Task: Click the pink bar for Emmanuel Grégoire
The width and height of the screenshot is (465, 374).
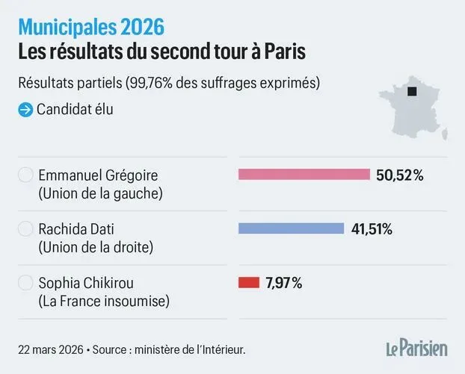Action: click(x=304, y=175)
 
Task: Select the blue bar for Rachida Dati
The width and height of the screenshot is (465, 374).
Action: click(x=291, y=228)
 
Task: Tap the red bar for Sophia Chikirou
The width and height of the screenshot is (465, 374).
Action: click(x=248, y=283)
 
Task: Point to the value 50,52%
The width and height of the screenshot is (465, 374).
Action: click(x=400, y=175)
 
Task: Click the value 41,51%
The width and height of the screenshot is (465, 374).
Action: click(x=372, y=229)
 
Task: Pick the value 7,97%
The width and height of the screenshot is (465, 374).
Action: click(x=283, y=283)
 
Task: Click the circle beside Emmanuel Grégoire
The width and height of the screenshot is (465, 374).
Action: click(x=25, y=175)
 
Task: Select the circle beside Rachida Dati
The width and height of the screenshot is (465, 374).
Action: click(x=25, y=229)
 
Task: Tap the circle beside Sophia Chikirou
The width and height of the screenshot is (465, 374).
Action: click(x=25, y=284)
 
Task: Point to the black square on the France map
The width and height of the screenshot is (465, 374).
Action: click(x=411, y=93)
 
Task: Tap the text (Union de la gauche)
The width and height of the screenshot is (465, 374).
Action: click(x=101, y=193)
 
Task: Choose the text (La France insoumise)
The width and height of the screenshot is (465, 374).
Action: click(x=104, y=302)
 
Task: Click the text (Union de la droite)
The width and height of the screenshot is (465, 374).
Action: click(x=100, y=247)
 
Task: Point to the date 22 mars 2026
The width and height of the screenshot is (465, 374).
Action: click(x=49, y=349)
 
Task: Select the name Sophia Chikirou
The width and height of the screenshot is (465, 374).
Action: click(x=88, y=284)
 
